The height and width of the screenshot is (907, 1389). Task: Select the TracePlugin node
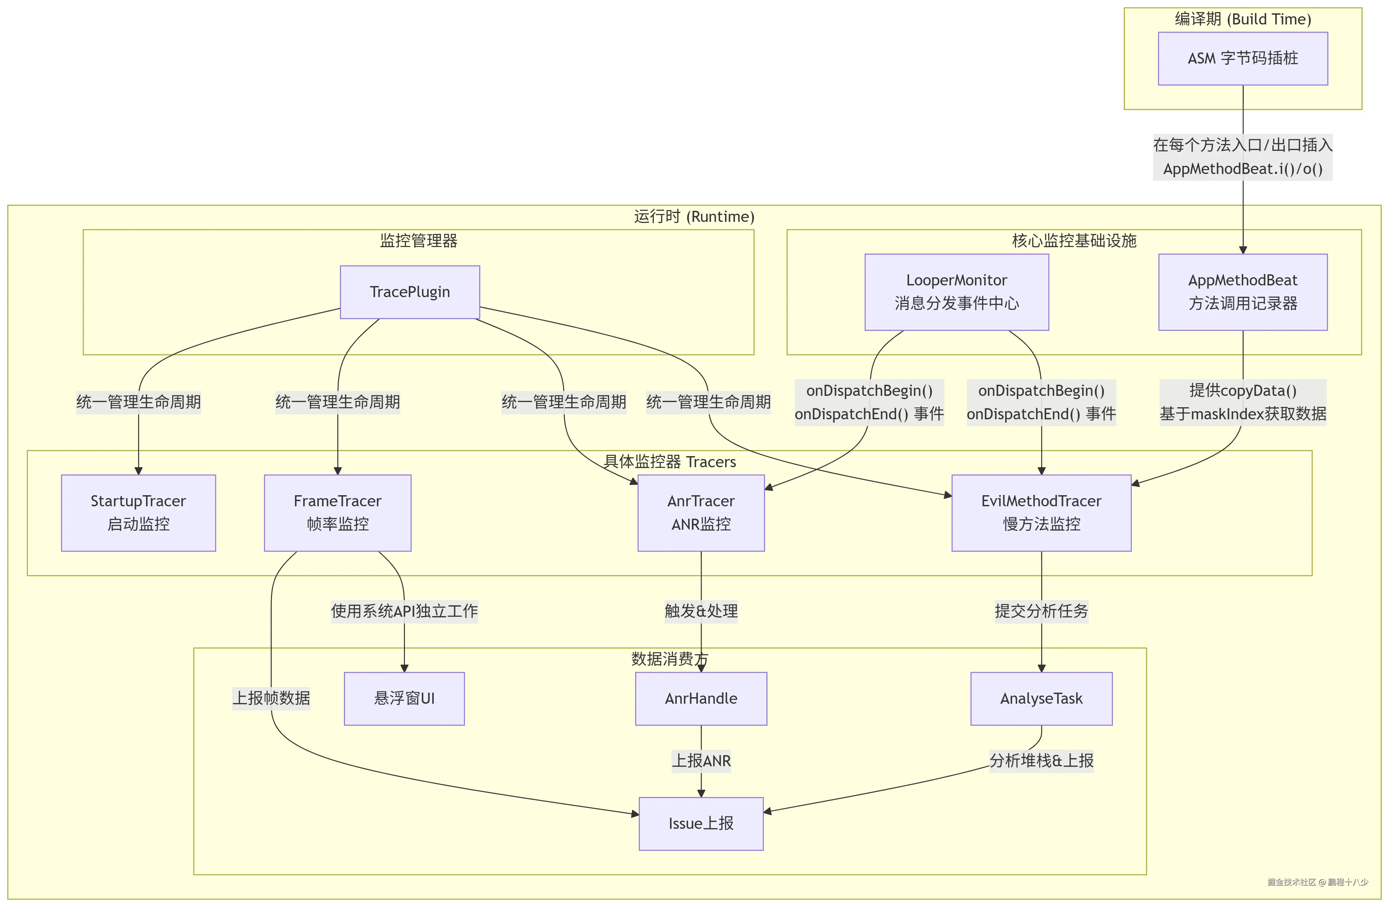click(x=410, y=292)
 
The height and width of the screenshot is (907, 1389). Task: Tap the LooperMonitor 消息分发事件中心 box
click(x=956, y=292)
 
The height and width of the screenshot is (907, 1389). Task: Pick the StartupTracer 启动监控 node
click(x=138, y=512)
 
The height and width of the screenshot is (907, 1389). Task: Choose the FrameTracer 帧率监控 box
click(x=337, y=512)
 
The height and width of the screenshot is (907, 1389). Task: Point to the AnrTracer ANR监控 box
click(x=701, y=512)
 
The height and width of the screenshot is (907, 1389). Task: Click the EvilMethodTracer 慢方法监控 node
click(x=1041, y=512)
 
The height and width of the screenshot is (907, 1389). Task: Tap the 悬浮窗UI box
click(x=404, y=698)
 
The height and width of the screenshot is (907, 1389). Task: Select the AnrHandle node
click(x=701, y=698)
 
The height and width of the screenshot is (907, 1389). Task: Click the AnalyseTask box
click(x=1041, y=698)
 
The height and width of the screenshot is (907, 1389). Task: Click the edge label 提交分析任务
click(x=1041, y=611)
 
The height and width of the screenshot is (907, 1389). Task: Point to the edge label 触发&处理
click(x=701, y=611)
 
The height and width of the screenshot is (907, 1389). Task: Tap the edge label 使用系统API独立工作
click(x=404, y=611)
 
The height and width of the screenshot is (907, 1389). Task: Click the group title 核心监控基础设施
click(x=1074, y=240)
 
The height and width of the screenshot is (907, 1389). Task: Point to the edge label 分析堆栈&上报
click(x=1041, y=760)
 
